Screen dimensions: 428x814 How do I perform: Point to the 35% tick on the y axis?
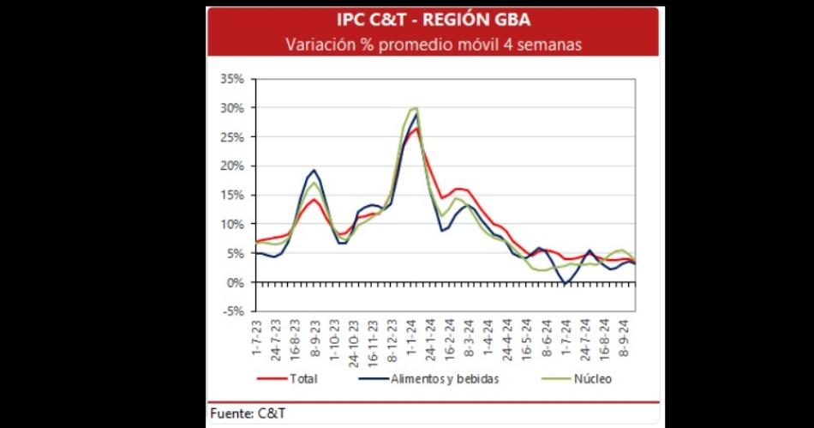pyautogui.click(x=232, y=79)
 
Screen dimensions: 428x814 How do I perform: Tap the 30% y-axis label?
pyautogui.click(x=232, y=108)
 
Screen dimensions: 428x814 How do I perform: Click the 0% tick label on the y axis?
pyautogui.click(x=236, y=283)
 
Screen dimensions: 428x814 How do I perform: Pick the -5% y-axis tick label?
pyautogui.click(x=233, y=311)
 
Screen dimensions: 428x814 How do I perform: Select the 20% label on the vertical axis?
pyautogui.click(x=232, y=166)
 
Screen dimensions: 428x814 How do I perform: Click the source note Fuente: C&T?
pyautogui.click(x=249, y=414)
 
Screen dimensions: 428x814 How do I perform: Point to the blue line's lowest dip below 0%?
pyautogui.click(x=566, y=284)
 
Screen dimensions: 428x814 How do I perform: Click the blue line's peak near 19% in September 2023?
pyautogui.click(x=314, y=170)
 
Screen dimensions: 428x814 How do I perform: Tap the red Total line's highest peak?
pyautogui.click(x=416, y=129)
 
